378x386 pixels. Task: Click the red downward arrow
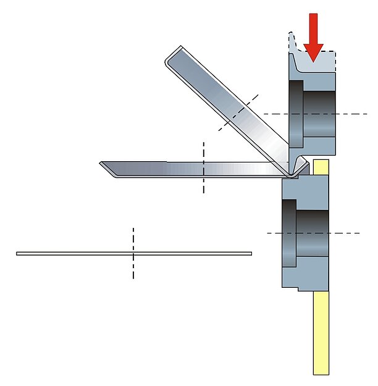[x=314, y=34]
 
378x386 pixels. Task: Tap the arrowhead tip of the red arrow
[x=314, y=61]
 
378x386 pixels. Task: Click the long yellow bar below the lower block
[x=321, y=334]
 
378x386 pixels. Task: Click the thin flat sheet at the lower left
[x=74, y=253]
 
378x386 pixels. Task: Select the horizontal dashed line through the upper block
[x=352, y=114]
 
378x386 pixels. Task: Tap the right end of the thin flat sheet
[x=250, y=253]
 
